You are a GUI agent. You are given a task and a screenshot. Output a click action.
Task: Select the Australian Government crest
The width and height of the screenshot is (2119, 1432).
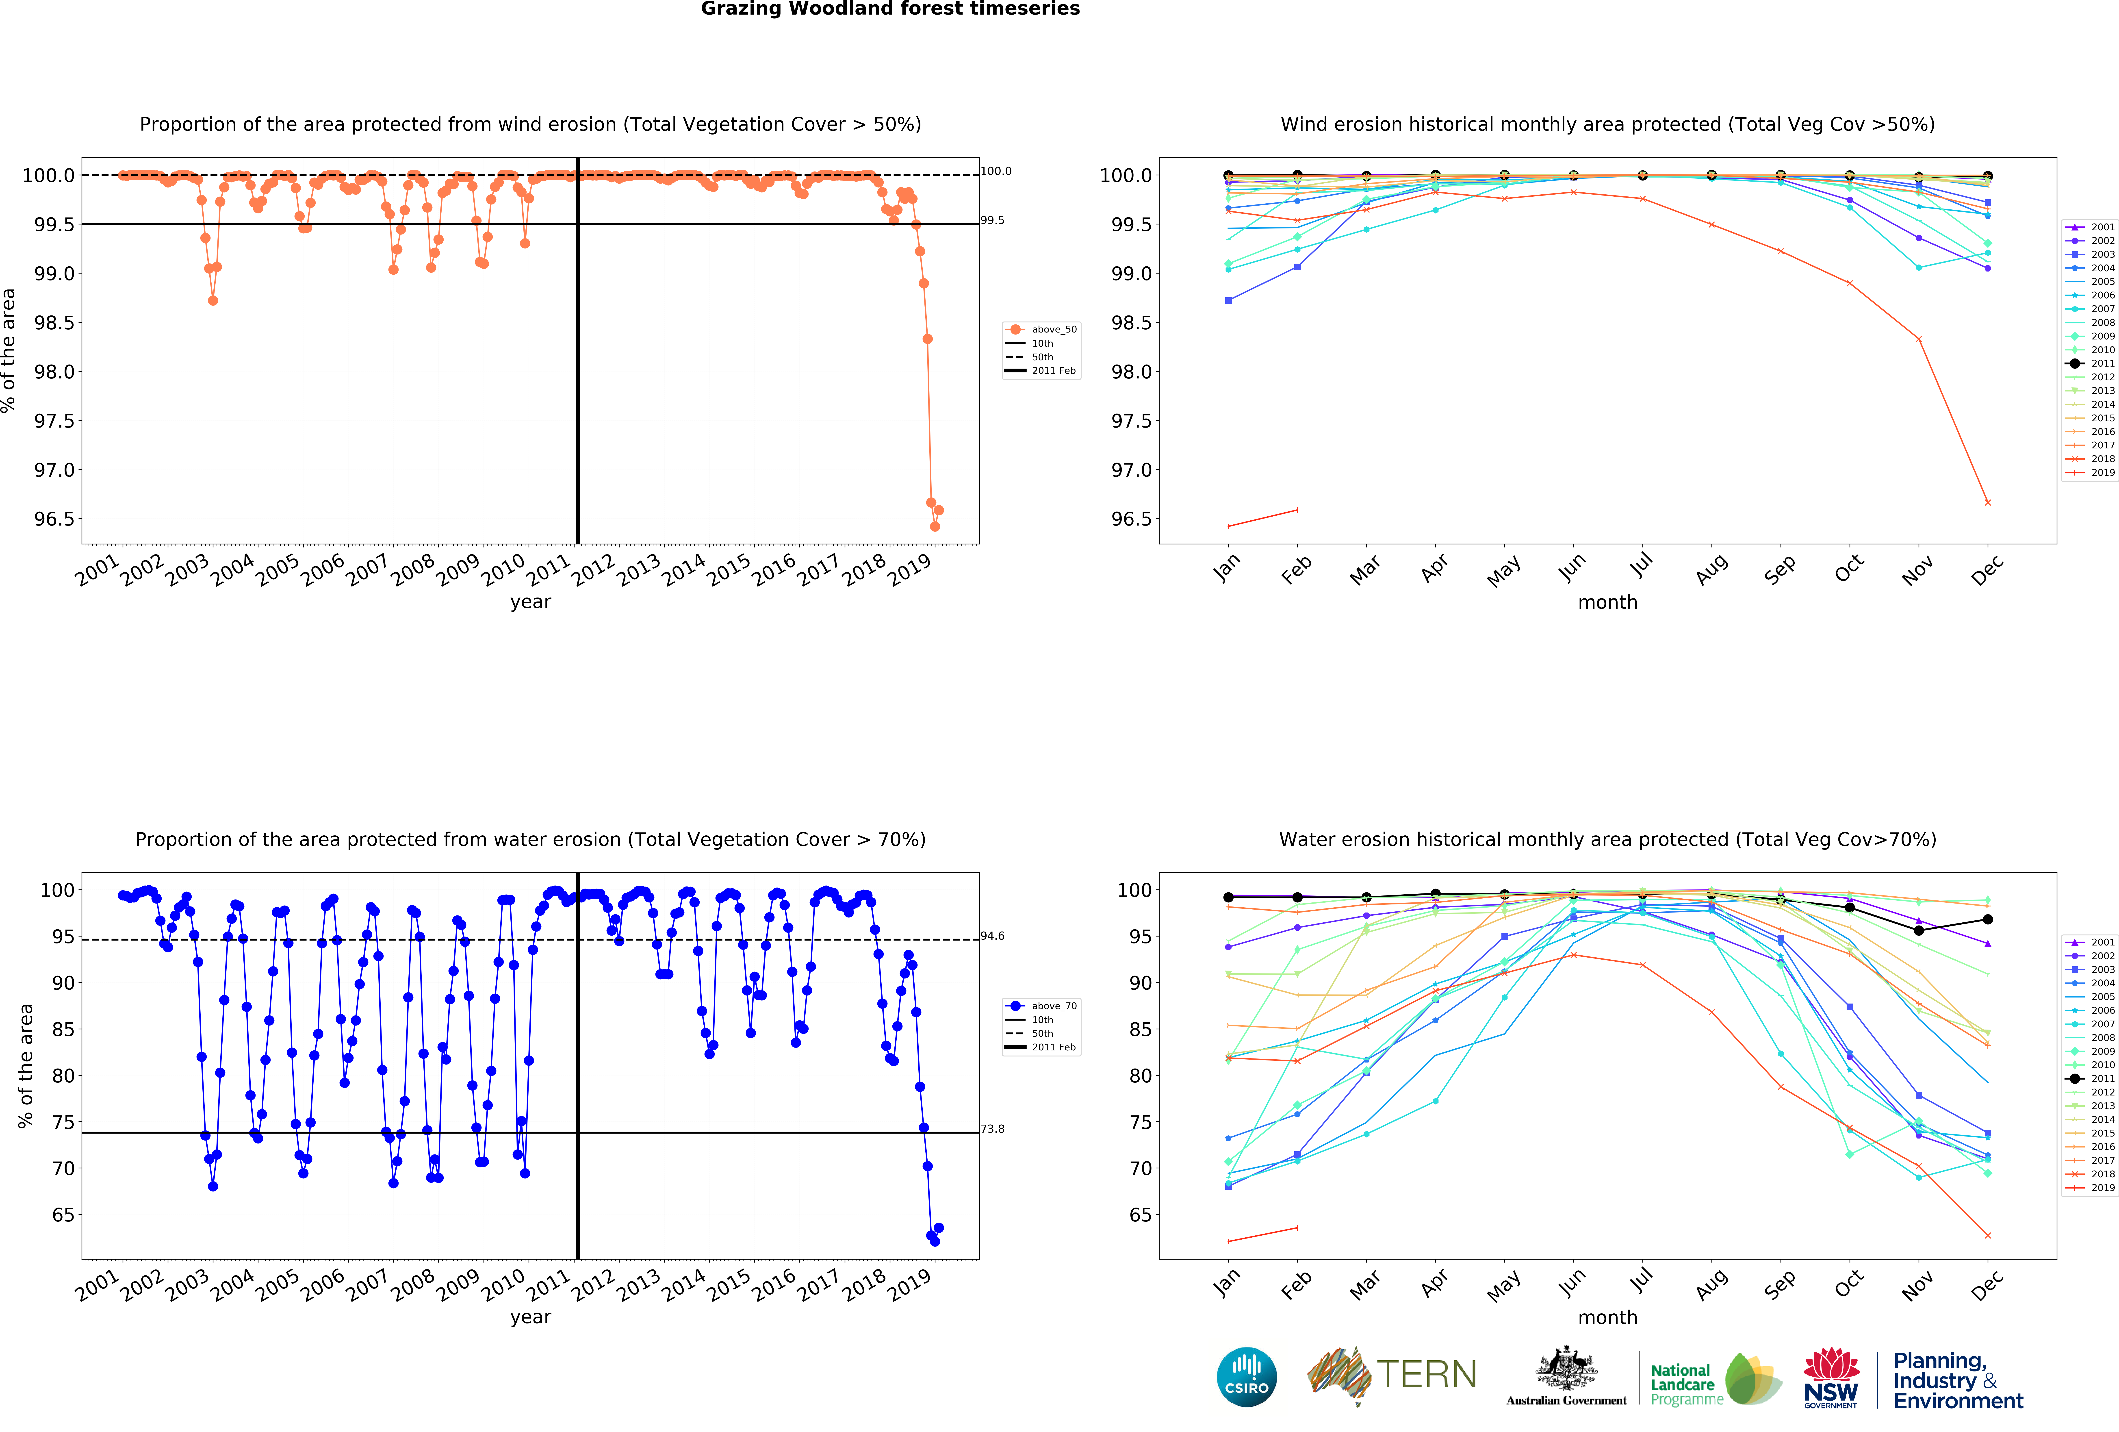1566,1368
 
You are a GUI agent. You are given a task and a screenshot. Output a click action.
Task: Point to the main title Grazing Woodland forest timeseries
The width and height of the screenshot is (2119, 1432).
890,9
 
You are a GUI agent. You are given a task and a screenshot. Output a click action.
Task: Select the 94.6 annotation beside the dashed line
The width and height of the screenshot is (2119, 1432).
992,936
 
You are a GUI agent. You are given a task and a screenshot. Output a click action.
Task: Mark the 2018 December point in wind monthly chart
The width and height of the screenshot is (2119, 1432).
1988,503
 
